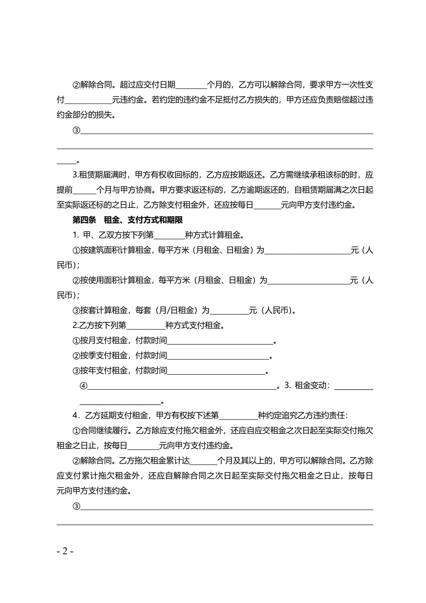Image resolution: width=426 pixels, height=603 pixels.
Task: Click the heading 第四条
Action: click(x=84, y=220)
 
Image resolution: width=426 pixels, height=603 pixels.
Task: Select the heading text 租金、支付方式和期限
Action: click(x=143, y=220)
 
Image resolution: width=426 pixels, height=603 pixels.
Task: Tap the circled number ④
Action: click(x=84, y=386)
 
